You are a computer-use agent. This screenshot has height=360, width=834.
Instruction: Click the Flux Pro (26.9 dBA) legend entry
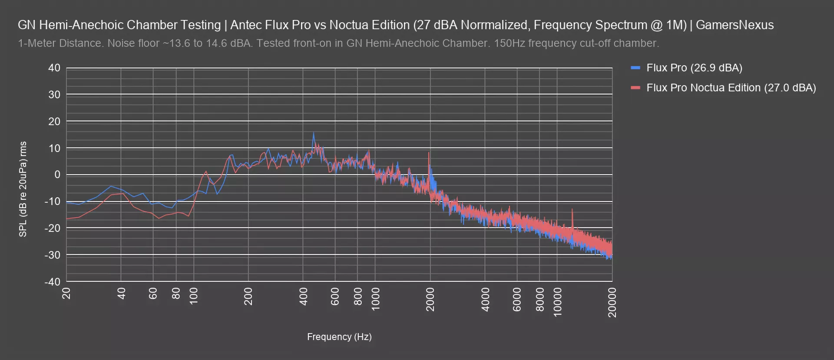point(694,68)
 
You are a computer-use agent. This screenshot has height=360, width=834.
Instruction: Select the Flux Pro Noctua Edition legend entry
point(731,88)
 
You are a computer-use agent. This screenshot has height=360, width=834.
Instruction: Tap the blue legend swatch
point(635,68)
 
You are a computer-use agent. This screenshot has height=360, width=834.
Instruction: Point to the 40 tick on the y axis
point(54,68)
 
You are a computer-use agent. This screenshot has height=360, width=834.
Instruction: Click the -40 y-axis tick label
point(53,282)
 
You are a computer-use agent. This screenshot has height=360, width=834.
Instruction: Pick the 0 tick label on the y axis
point(57,175)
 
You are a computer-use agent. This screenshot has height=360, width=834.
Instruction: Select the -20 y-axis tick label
point(53,228)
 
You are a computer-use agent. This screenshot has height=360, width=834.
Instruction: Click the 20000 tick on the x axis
point(612,303)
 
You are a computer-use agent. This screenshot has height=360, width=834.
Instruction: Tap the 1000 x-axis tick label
point(376,299)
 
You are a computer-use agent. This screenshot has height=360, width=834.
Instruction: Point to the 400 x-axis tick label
point(304,297)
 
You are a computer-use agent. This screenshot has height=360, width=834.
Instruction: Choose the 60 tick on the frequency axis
point(153,294)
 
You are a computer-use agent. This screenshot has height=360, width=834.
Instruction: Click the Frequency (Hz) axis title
point(339,337)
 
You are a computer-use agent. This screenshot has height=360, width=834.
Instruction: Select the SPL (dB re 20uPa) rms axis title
point(23,189)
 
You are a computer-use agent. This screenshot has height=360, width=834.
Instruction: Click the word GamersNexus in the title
point(735,25)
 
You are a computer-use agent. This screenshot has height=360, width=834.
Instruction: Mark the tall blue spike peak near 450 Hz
point(314,133)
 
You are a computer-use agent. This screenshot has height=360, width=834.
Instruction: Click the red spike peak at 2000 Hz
point(429,152)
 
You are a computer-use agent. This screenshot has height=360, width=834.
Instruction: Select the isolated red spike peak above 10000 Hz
point(572,209)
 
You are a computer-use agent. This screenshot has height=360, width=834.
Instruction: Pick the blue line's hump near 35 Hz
point(111,186)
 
